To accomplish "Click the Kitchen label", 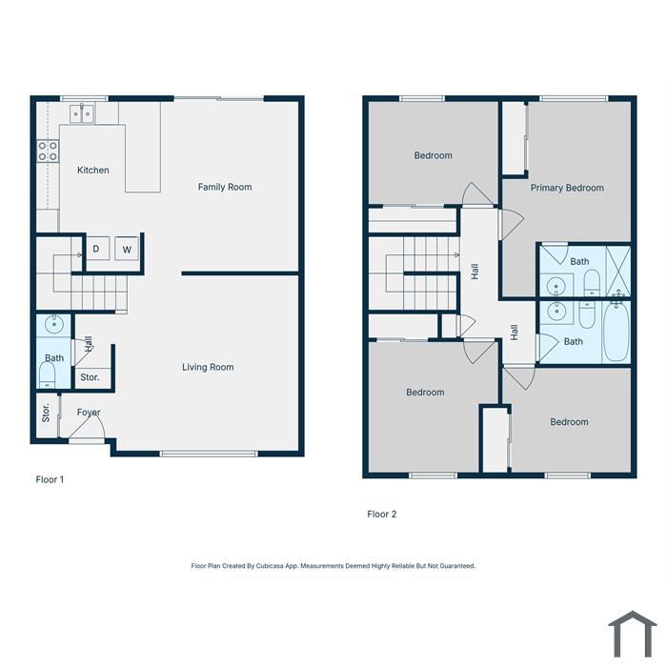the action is pyautogui.click(x=93, y=171).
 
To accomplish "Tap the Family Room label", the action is pyautogui.click(x=225, y=187).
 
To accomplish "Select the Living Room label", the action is pyautogui.click(x=208, y=367).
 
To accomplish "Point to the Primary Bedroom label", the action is pyautogui.click(x=567, y=188).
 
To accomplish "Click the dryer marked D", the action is pyautogui.click(x=97, y=248).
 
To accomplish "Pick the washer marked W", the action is pyautogui.click(x=127, y=249).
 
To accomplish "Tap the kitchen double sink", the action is pyautogui.click(x=82, y=113).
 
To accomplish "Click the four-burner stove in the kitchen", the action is pyautogui.click(x=48, y=151).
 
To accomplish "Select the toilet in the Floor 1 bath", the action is pyautogui.click(x=47, y=375).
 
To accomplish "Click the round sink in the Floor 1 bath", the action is pyautogui.click(x=54, y=324).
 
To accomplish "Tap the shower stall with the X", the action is pyautogui.click(x=617, y=271).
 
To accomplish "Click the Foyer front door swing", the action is pyautogui.click(x=88, y=427).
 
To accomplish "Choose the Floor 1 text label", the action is pyautogui.click(x=50, y=479).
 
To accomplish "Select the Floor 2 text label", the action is pyautogui.click(x=381, y=514).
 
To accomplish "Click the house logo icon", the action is pyautogui.click(x=633, y=634).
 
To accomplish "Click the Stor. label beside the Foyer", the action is pyautogui.click(x=46, y=413).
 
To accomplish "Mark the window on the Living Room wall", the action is pyautogui.click(x=209, y=454).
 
